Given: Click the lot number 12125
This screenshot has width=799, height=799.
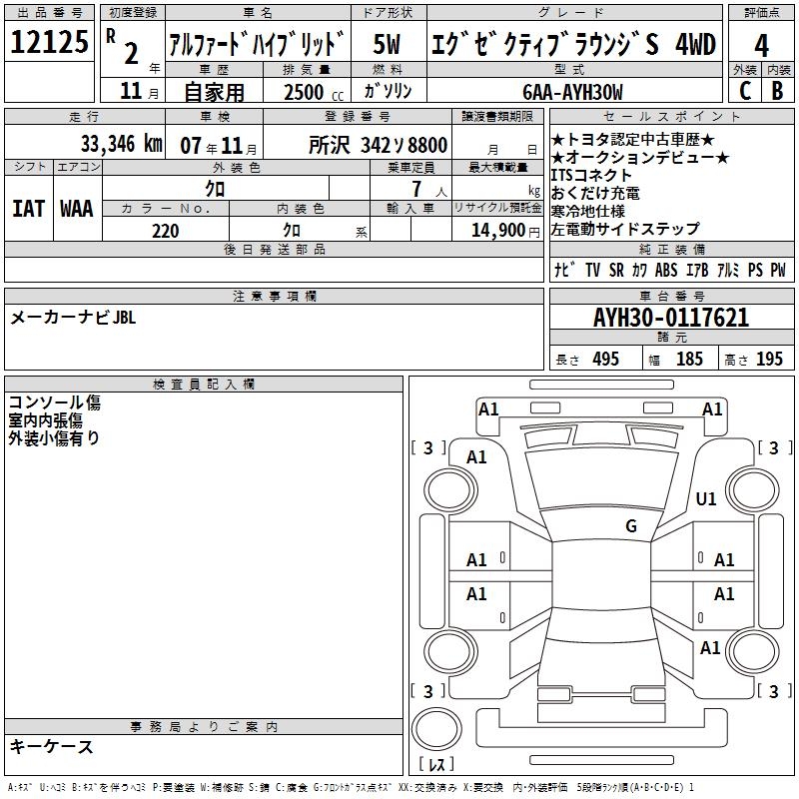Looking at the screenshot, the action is click(x=49, y=41).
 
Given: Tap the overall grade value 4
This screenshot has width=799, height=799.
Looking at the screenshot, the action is click(x=761, y=45).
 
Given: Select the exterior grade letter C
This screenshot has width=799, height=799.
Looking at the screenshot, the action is click(x=745, y=91).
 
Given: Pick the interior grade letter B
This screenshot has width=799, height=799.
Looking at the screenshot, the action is click(x=777, y=91).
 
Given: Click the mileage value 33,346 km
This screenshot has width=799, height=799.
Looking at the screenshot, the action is click(x=121, y=144).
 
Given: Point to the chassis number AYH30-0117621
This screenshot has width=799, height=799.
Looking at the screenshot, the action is click(x=671, y=318).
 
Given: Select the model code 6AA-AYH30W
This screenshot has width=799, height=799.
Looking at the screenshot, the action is click(x=572, y=92).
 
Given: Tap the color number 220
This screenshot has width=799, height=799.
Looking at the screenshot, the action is click(x=165, y=231).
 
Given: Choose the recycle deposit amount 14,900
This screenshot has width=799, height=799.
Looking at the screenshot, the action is click(x=497, y=231).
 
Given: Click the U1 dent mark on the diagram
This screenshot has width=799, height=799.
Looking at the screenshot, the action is click(x=706, y=498).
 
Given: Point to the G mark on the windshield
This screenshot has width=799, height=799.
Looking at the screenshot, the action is click(x=631, y=525).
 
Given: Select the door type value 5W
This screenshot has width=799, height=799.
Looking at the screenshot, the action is click(x=387, y=44).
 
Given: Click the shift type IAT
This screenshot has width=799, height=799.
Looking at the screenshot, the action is click(x=29, y=209).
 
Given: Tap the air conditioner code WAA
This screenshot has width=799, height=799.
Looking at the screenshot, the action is click(x=77, y=209).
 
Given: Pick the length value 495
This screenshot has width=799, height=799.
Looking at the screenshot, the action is click(x=605, y=359).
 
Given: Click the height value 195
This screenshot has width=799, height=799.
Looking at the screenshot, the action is click(x=769, y=359).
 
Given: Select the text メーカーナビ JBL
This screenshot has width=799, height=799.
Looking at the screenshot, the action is click(x=73, y=318).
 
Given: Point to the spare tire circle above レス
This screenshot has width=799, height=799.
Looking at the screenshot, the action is click(x=436, y=728).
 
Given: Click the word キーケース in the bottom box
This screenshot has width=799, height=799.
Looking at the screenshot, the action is click(x=52, y=746).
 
